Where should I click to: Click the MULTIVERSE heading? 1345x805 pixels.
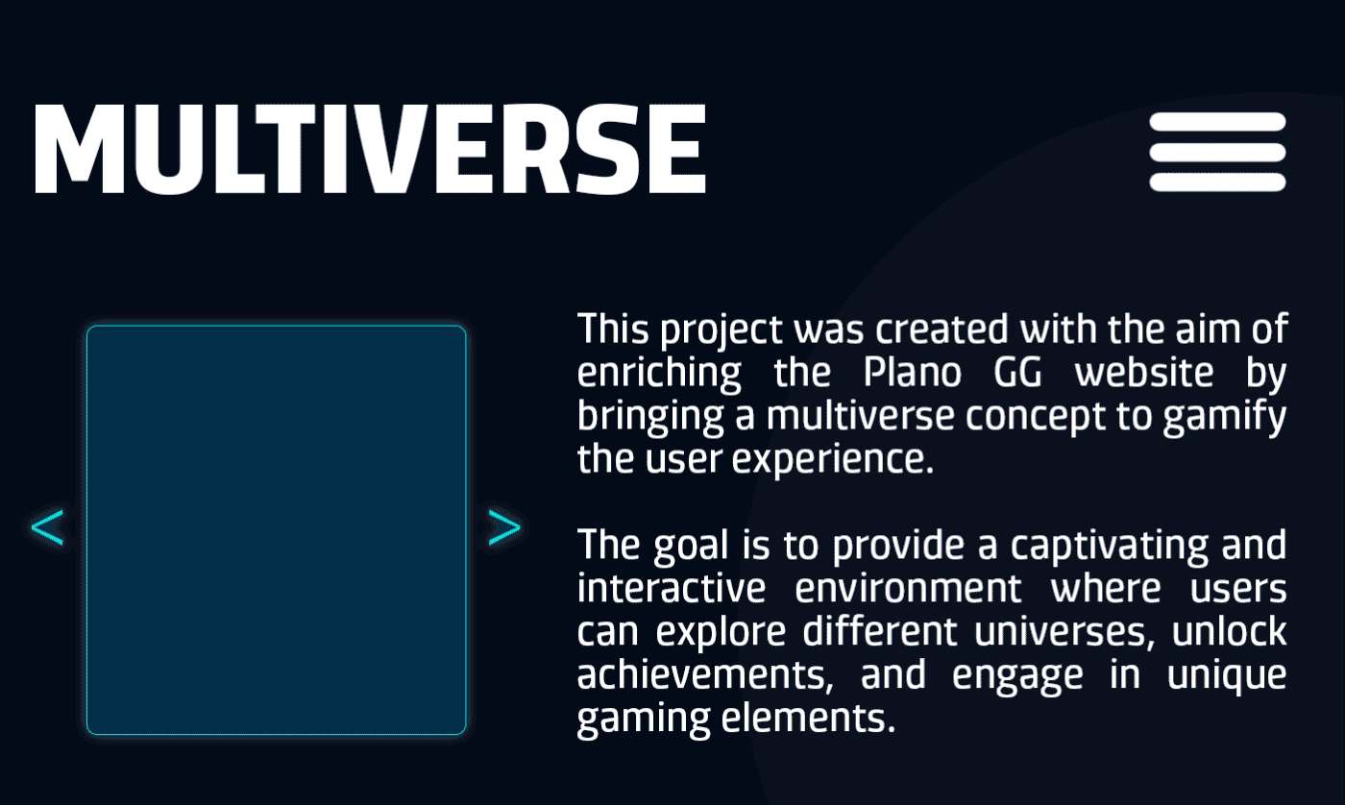[371, 149]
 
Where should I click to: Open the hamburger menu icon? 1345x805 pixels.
[1218, 152]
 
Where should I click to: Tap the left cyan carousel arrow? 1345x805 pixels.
[47, 527]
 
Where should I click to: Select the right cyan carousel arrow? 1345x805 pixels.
[504, 527]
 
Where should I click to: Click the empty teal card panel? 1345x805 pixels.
[277, 529]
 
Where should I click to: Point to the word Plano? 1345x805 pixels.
[913, 373]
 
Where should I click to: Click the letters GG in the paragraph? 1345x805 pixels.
[1017, 373]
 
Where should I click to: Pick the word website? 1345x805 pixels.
[1144, 373]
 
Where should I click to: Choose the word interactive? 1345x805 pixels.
[672, 588]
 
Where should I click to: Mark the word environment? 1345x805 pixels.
[908, 588]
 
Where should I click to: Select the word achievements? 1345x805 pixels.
[705, 675]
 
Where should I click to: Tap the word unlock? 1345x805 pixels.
[1229, 631]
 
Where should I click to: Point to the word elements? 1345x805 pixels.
[808, 719]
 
